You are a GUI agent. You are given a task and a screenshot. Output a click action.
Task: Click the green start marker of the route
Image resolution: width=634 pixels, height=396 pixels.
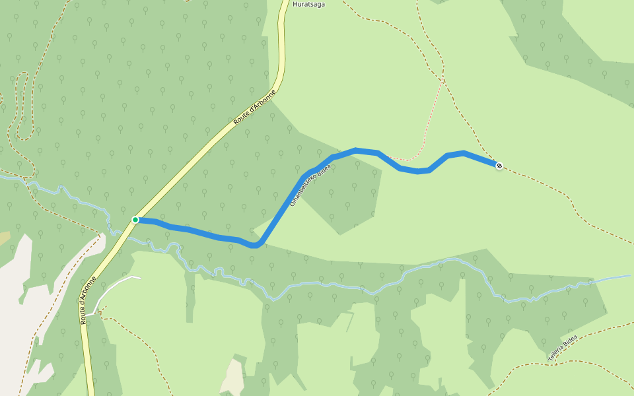135,220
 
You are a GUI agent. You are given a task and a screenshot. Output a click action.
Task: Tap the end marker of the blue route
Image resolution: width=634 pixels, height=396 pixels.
499,165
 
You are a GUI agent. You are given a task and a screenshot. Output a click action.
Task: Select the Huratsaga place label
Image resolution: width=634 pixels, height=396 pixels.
310,3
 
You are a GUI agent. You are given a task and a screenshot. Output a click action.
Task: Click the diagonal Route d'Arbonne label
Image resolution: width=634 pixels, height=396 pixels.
254,108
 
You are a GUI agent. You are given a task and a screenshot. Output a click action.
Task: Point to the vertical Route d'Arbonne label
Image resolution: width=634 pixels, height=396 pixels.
88,300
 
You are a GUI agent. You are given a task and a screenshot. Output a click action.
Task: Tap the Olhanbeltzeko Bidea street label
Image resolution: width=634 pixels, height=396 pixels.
310,186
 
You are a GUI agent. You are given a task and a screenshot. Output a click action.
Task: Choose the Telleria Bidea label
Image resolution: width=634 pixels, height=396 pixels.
562,348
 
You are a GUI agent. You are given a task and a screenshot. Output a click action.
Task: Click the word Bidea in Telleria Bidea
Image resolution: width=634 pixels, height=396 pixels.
570,343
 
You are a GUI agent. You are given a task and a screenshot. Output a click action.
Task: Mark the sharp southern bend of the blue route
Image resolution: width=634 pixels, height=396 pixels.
256,245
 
